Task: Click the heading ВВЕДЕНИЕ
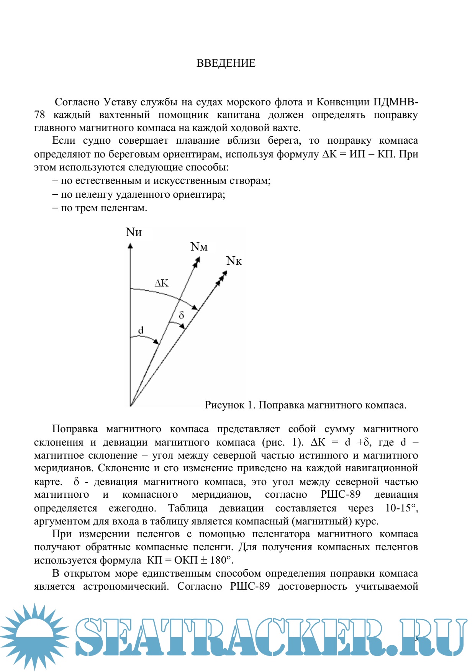[226, 63]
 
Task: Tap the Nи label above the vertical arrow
[134, 232]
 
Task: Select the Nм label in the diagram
[199, 247]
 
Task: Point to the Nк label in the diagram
[234, 261]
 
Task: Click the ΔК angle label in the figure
[161, 283]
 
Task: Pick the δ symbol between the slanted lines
[182, 315]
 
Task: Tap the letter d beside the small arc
[141, 330]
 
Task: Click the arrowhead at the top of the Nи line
[130, 245]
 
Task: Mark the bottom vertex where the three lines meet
[131, 405]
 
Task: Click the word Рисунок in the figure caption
[224, 405]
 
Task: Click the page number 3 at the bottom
[416, 638]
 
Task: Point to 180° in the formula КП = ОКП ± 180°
[221, 560]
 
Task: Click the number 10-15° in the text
[401, 508]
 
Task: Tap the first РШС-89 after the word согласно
[341, 494]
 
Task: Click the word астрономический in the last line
[126, 586]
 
